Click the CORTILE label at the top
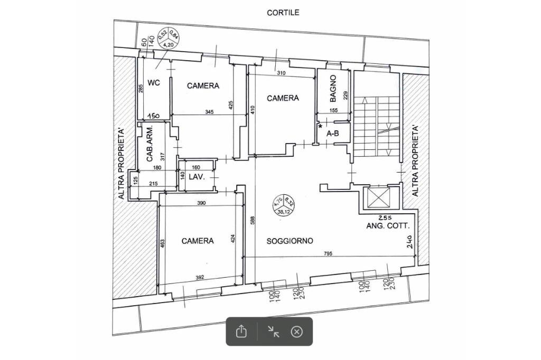point(283,12)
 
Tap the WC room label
point(154,82)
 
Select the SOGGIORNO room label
point(290,241)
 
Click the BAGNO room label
point(332,88)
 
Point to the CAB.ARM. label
point(150,144)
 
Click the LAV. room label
point(197,176)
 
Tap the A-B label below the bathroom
point(333,134)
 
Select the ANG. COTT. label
point(388,226)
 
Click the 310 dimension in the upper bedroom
point(281,73)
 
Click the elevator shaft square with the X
point(378,199)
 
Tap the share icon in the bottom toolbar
point(241,331)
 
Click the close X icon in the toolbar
point(297,331)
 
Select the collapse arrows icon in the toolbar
point(273,331)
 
